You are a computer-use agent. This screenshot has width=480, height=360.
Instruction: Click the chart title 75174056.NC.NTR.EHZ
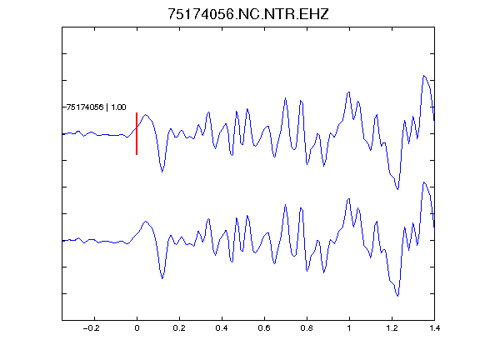(248, 14)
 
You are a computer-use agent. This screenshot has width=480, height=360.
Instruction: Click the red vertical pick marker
(137, 133)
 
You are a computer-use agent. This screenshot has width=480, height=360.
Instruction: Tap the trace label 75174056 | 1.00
(96, 107)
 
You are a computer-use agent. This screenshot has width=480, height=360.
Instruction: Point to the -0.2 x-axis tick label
(92, 328)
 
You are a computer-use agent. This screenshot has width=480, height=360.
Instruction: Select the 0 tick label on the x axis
(137, 328)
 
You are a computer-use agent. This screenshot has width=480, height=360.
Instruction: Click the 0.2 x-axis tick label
(179, 328)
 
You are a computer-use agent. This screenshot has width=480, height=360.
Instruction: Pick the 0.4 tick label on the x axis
(222, 328)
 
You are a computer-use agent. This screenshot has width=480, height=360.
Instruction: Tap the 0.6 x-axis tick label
(264, 328)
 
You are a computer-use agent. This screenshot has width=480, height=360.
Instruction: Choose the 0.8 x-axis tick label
(307, 328)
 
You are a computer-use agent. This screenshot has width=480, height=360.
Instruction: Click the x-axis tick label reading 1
(349, 328)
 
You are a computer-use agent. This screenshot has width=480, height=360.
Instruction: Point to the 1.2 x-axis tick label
(392, 328)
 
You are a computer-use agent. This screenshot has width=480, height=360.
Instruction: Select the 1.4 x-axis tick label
(434, 328)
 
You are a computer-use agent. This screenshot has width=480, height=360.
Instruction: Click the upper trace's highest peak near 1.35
(424, 75)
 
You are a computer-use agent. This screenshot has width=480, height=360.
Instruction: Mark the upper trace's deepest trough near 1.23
(398, 189)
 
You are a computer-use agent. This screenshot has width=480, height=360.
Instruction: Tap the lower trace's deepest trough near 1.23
(398, 296)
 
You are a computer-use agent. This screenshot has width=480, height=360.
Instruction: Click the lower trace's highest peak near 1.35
(424, 182)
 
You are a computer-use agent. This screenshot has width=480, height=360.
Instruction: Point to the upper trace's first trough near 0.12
(162, 172)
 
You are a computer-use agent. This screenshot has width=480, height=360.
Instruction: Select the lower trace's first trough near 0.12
(162, 278)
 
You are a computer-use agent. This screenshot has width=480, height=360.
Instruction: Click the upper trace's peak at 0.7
(285, 98)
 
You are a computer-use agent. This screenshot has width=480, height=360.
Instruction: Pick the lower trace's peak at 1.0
(348, 199)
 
